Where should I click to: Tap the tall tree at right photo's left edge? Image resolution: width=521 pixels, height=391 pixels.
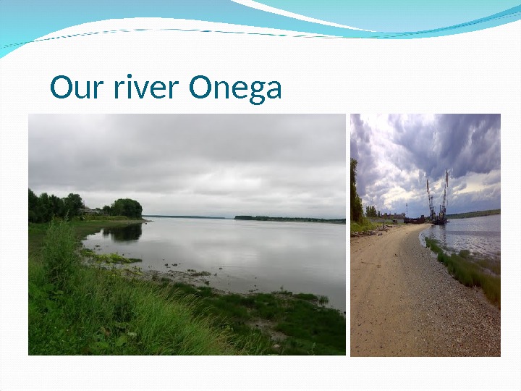coord(355,192)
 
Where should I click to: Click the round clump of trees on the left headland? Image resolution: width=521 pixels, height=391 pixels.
coord(127,208)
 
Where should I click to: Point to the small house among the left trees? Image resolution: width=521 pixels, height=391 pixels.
coord(90,211)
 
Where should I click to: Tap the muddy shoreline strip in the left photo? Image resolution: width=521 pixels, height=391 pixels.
coord(181,277)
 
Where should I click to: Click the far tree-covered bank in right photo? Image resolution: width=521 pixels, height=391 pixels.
coord(478,214)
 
